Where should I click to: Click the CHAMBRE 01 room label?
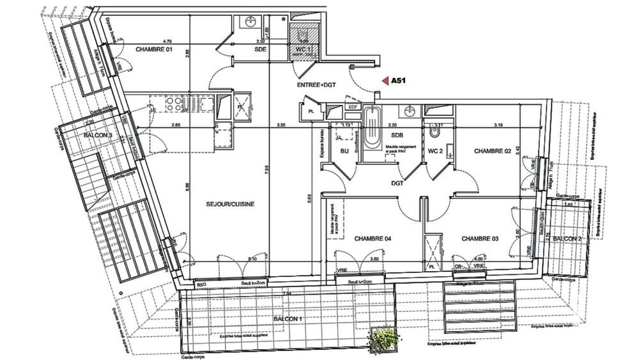[154, 49]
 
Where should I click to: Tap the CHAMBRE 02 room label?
[493, 151]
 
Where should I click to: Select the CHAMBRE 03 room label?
[481, 239]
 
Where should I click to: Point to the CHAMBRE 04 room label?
[373, 239]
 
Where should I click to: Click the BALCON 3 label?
[98, 136]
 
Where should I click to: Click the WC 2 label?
[436, 151]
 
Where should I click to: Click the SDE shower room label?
[260, 49]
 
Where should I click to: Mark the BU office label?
[344, 151]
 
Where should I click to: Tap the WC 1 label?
[302, 49]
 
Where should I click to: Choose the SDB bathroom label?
[397, 136]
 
